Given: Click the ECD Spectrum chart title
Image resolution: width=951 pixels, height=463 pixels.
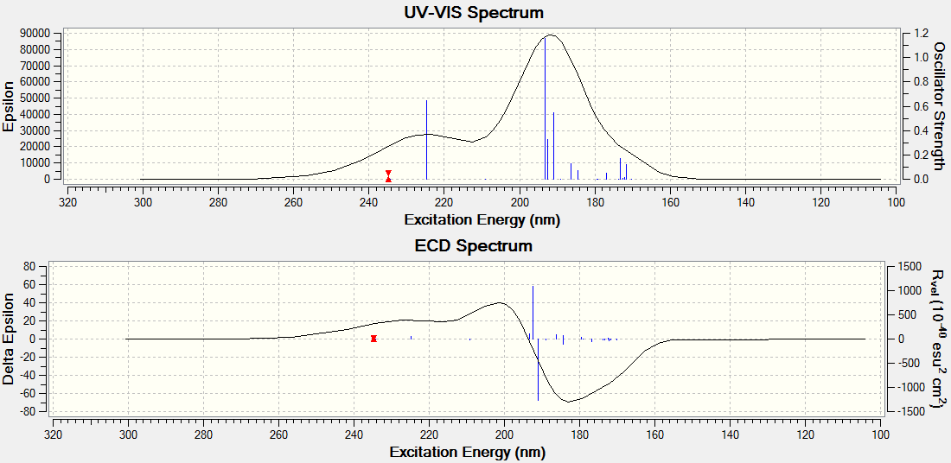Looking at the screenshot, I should click(474, 246).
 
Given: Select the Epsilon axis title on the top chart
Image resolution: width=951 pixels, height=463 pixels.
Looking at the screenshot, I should click(9, 106).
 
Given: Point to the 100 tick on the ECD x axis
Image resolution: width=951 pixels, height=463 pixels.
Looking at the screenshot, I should click(880, 434).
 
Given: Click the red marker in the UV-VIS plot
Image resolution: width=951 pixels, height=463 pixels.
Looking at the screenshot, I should click(389, 176).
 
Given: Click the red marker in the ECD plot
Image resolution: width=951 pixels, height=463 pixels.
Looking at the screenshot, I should click(373, 339).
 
